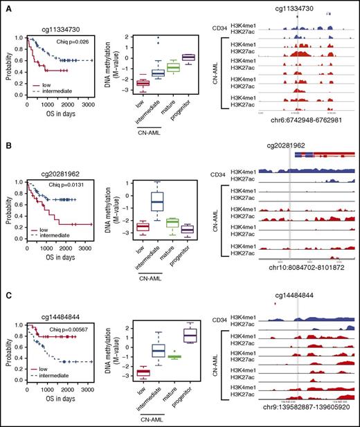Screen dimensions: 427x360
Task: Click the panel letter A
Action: tap(6, 8)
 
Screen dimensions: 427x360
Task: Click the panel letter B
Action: tap(6, 147)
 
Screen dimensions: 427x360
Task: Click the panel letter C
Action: tap(6, 294)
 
